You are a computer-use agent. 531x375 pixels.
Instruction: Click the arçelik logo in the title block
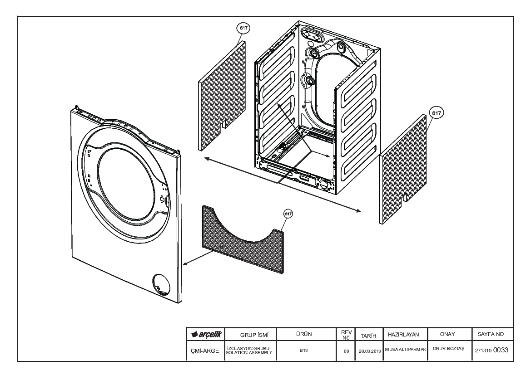pos(206,335)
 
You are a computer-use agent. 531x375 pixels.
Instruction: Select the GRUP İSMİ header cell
pos(251,335)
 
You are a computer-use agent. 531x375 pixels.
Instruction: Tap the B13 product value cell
pos(303,351)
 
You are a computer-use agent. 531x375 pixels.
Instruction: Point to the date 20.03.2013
pos(370,351)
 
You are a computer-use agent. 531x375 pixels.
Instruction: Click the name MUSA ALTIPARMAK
pos(405,349)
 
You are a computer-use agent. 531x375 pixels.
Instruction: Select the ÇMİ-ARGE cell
pos(205,351)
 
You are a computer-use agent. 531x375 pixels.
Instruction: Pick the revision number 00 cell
pos(346,351)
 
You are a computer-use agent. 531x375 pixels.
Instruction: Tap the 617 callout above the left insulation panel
pos(243,29)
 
